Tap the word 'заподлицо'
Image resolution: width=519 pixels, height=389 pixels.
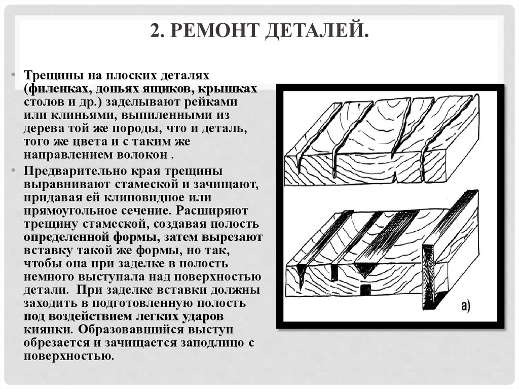tap(208, 342)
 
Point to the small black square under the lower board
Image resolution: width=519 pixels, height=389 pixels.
tap(365, 289)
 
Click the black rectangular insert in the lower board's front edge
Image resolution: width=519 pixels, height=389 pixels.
tap(335, 273)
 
